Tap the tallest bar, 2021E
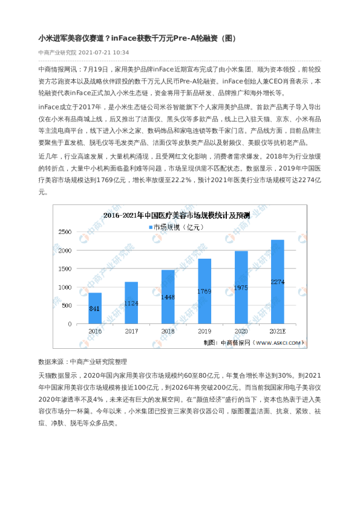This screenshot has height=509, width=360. click(278, 282)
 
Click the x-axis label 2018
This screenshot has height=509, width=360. click(168, 332)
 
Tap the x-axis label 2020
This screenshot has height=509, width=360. click(241, 332)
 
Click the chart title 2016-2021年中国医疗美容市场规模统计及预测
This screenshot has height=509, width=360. click(180, 215)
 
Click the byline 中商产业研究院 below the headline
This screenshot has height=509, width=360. click(57, 53)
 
